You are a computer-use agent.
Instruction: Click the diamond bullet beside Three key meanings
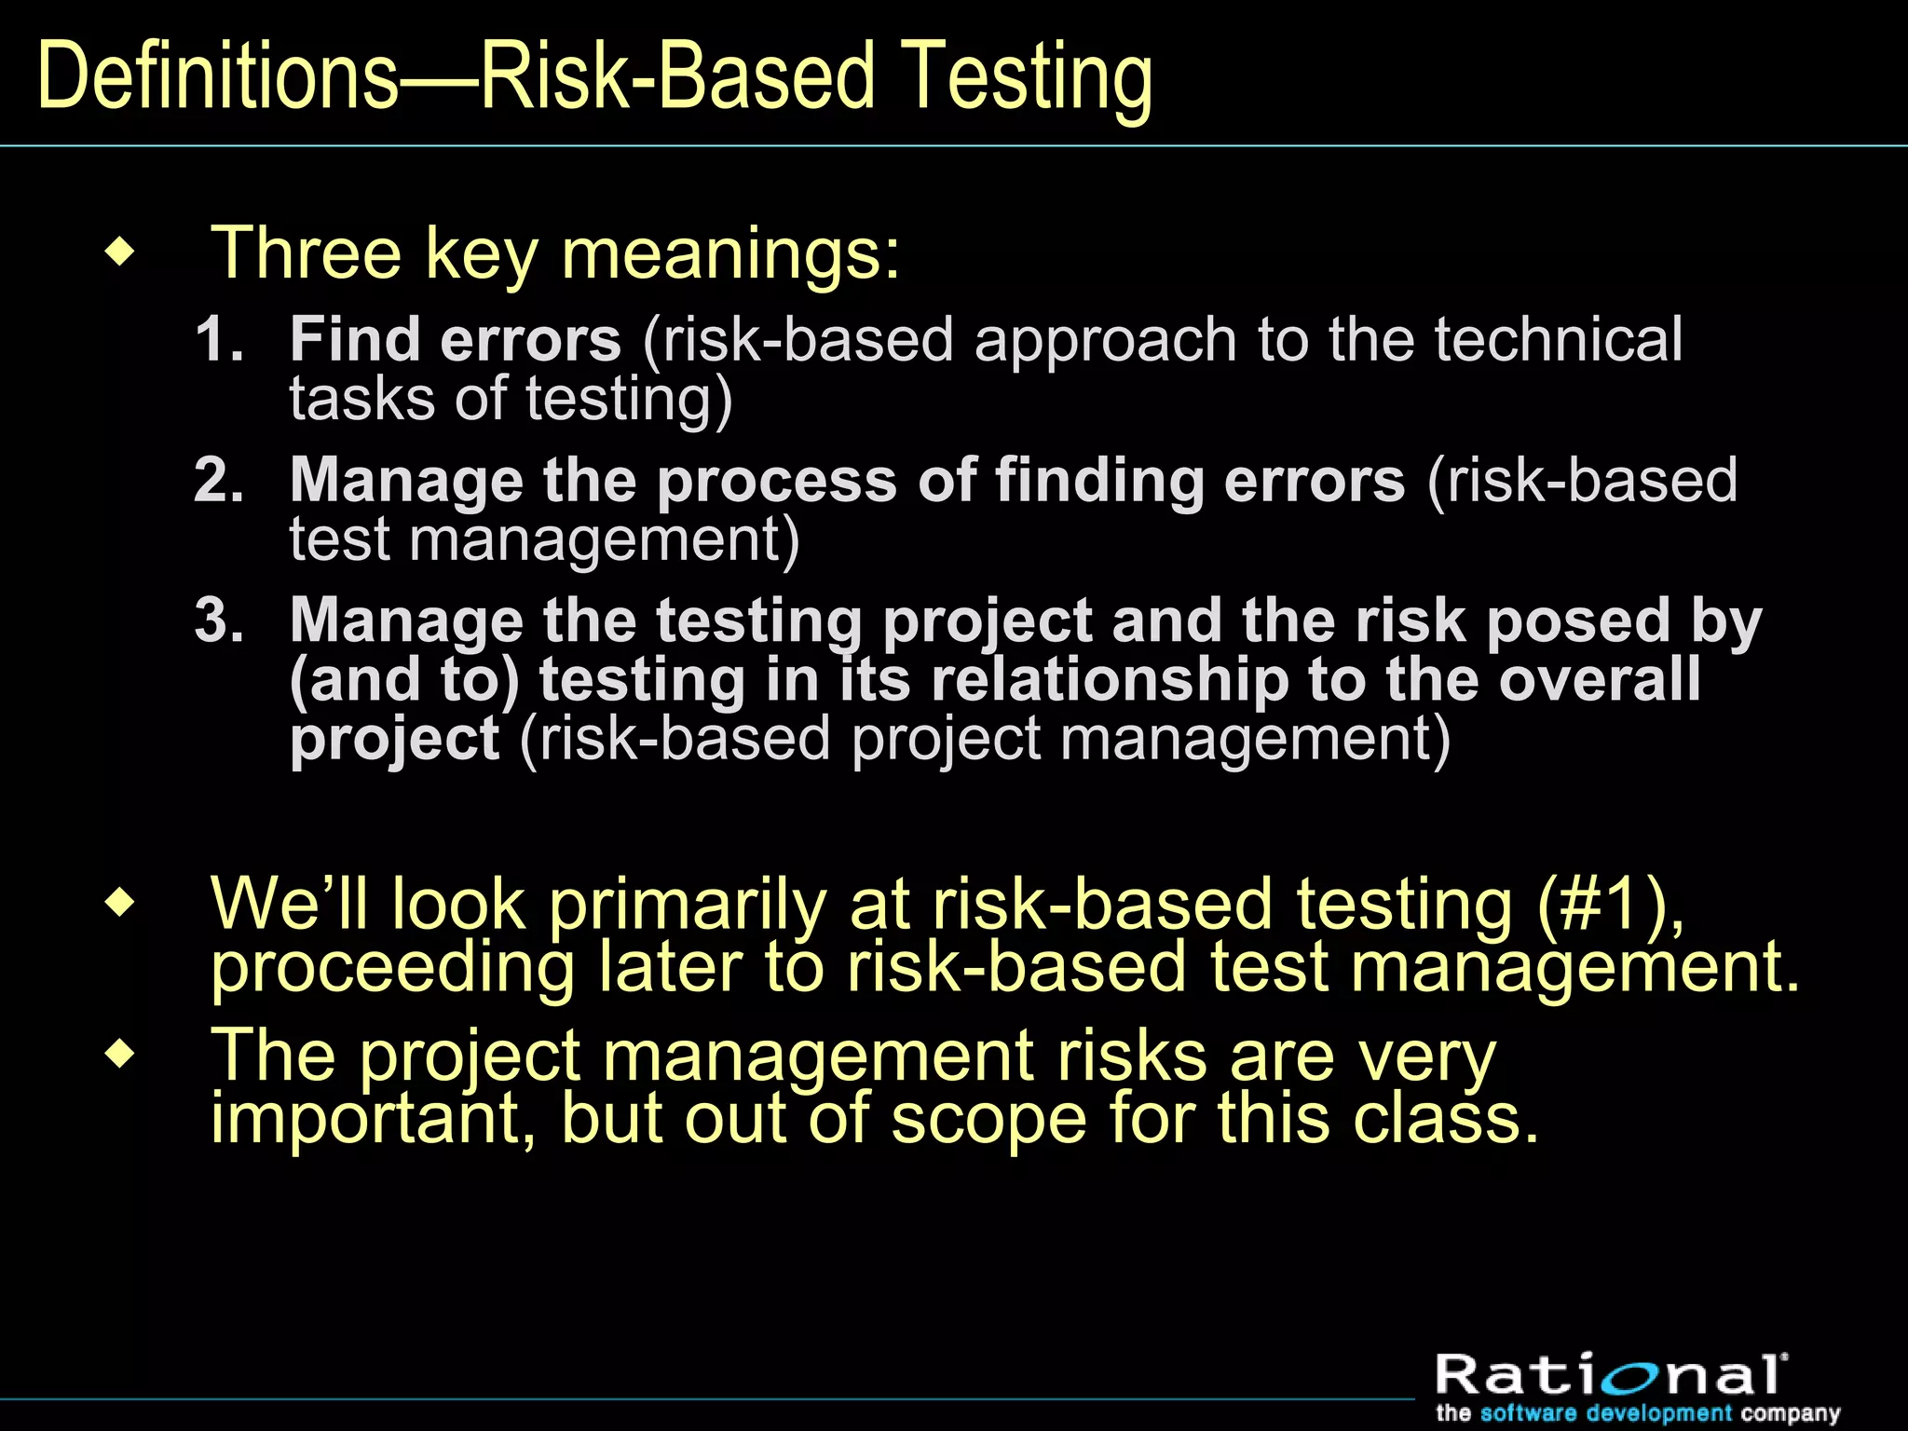coord(120,252)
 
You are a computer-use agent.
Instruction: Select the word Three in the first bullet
coord(306,252)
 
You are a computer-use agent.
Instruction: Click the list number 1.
coord(218,339)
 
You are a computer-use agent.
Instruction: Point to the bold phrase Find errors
coord(455,339)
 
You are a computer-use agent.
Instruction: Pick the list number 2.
coord(218,480)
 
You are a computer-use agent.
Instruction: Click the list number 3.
coord(218,620)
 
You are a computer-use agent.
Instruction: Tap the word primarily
coord(688,905)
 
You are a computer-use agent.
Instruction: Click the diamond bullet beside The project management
coord(120,1056)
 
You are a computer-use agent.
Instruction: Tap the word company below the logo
coord(1790,1413)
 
